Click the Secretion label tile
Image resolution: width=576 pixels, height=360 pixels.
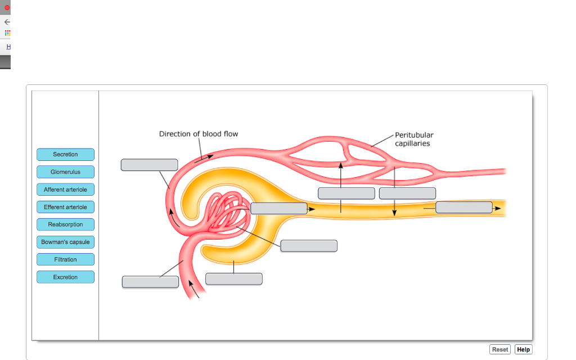pos(65,155)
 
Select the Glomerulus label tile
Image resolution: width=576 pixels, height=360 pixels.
pos(65,172)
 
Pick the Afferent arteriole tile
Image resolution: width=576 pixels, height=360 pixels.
pos(65,190)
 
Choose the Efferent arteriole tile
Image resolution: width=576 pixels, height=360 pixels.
pos(65,207)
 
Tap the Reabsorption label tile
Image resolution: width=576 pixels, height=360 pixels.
pos(65,224)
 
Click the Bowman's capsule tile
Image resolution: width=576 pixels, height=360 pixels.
pos(65,242)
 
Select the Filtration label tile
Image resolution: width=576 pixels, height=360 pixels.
pos(65,259)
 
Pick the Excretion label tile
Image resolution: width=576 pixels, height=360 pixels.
pos(65,277)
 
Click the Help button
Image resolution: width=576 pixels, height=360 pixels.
pos(523,349)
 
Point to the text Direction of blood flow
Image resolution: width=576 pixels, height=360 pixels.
pos(199,134)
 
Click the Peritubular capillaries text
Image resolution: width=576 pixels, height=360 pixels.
pos(414,139)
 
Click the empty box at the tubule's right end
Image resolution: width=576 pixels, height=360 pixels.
pos(463,207)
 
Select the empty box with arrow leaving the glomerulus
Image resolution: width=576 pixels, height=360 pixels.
pos(278,208)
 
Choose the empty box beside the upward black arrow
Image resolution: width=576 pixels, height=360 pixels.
pos(346,193)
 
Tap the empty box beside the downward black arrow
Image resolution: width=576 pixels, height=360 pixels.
pos(407,193)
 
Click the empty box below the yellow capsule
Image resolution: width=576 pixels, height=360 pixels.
pos(233,279)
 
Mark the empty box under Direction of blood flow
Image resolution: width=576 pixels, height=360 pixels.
pos(149,165)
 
